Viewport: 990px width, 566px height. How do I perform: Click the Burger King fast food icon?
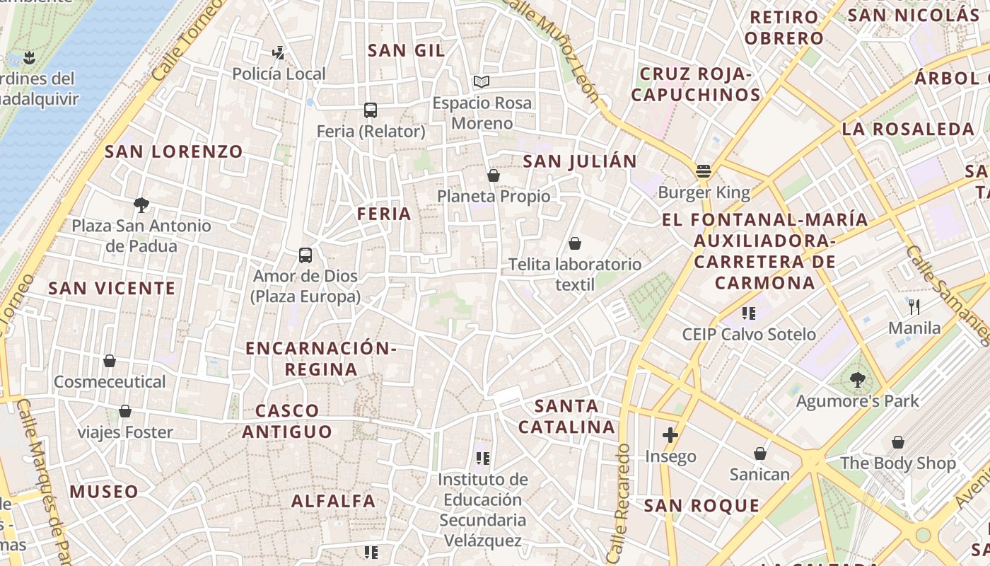click(703, 171)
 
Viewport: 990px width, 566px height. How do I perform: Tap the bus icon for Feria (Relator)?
click(371, 110)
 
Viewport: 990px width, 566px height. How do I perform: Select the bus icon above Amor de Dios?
click(305, 255)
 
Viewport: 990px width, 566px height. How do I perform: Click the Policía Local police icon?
click(279, 52)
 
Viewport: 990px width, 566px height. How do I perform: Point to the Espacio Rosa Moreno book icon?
click(482, 81)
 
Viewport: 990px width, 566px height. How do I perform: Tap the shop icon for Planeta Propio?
click(494, 175)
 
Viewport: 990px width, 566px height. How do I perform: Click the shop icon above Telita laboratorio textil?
click(575, 243)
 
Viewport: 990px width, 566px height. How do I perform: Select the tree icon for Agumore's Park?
click(858, 380)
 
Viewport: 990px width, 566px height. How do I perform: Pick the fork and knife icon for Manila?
click(914, 306)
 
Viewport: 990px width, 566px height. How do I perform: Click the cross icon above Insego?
click(670, 435)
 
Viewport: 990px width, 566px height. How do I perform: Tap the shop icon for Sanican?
click(760, 453)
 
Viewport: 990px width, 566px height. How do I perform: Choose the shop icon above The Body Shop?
click(898, 442)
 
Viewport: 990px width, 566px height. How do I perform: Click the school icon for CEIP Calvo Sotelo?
click(749, 313)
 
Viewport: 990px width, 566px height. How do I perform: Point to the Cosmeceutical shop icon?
click(110, 361)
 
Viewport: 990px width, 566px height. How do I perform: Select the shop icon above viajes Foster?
click(125, 410)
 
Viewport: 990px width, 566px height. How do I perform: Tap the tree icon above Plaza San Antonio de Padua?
click(141, 205)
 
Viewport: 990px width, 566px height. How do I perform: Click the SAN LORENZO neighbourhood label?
click(174, 151)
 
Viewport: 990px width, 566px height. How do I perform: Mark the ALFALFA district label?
click(334, 501)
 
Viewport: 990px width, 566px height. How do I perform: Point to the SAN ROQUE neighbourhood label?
click(701, 505)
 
